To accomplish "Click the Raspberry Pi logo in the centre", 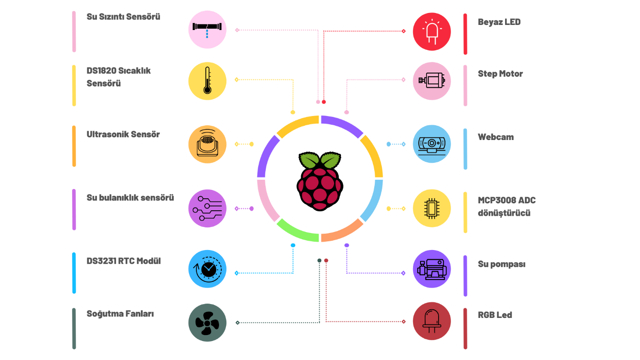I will [x=320, y=181].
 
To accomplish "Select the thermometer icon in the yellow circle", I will [x=207, y=81].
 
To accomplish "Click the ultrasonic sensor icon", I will [x=207, y=144].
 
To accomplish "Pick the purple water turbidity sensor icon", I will [x=207, y=208].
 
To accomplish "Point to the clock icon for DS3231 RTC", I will [x=207, y=269].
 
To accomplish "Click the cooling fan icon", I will [x=207, y=323].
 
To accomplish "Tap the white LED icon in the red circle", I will [x=432, y=31].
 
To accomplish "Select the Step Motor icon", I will [x=432, y=81].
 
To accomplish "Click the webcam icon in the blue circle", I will [x=432, y=144].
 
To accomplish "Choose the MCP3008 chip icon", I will [x=432, y=208].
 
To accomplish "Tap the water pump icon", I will [x=432, y=269].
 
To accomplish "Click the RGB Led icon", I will [x=432, y=321].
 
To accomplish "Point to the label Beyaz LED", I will [x=499, y=22].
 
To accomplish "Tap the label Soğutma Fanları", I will [x=120, y=314].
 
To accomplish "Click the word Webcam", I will [x=496, y=137].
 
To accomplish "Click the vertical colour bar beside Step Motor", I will [x=465, y=85].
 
